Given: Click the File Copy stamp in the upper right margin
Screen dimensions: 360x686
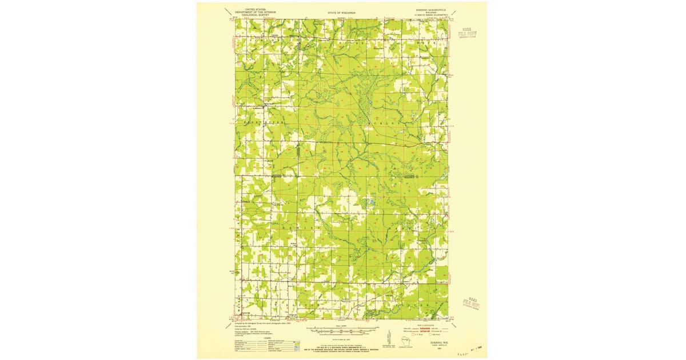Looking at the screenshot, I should tap(468, 36).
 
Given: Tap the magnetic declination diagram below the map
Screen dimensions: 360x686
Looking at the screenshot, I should tap(389, 338).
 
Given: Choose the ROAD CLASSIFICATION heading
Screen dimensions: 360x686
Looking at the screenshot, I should tap(434, 324).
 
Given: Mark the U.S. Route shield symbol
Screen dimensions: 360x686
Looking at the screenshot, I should tap(410, 334).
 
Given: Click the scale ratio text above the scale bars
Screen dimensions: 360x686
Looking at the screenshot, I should tap(341, 326).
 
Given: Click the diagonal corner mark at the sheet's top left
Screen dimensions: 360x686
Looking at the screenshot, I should tap(228, 11).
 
